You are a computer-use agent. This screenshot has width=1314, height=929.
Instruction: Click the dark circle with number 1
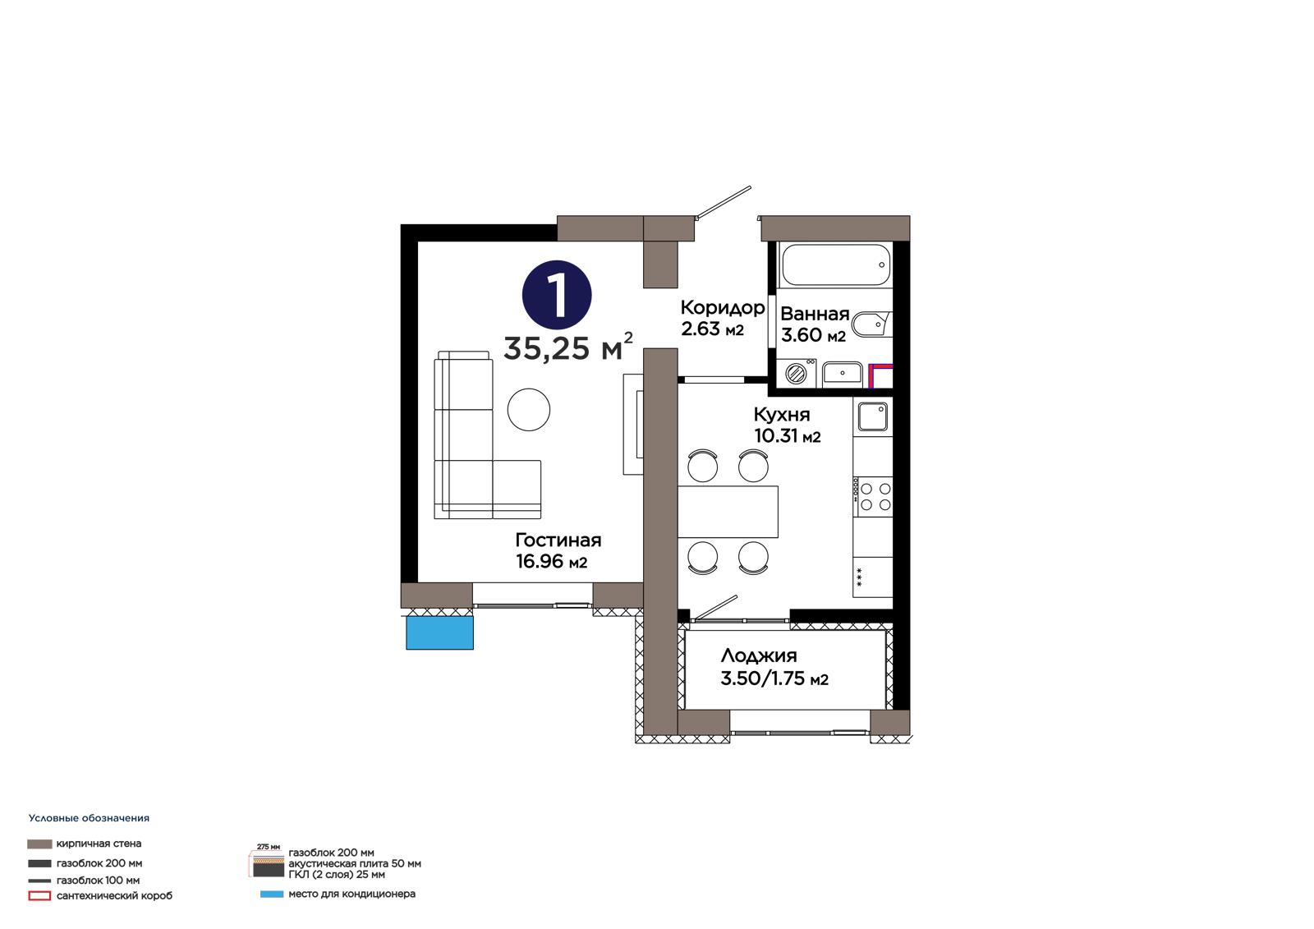[557, 295]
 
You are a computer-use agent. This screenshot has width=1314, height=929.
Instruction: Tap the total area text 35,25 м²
[567, 347]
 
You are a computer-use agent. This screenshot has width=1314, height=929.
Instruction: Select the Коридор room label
[722, 307]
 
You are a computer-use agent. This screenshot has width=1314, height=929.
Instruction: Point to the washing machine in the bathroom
[796, 373]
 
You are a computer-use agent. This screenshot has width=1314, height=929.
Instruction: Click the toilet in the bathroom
[871, 324]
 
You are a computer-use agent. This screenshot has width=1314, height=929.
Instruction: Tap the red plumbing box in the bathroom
[880, 376]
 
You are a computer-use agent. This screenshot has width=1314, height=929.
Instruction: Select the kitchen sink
[873, 416]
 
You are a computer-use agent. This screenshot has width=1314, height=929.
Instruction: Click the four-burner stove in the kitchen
[873, 496]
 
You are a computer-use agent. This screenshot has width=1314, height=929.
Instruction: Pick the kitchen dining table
[728, 511]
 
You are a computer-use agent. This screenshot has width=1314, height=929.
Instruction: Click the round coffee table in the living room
[529, 410]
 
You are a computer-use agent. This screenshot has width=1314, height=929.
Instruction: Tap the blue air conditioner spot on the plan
[440, 632]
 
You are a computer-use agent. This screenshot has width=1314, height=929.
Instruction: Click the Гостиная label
[558, 540]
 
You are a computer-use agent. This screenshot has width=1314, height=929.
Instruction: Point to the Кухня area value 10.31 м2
[788, 436]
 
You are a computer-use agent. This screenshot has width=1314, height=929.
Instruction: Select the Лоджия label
[759, 655]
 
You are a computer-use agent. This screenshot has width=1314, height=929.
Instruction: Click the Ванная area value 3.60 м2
[813, 335]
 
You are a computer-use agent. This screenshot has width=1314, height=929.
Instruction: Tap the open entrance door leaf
[723, 201]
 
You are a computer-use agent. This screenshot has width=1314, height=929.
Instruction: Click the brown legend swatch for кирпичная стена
[39, 844]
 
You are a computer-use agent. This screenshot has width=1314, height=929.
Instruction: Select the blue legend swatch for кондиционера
[272, 895]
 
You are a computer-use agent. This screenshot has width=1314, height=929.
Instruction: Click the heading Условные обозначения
[90, 818]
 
